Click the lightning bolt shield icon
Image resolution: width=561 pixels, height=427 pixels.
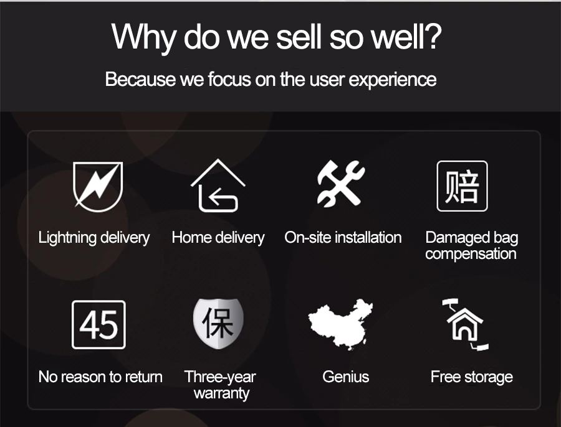tap(98, 186)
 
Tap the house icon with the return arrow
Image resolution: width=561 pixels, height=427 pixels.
tap(218, 185)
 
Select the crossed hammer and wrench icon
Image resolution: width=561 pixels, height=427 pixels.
tap(340, 184)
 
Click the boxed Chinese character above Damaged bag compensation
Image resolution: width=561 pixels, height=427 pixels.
tap(462, 186)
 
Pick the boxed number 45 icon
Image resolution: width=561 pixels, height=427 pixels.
tap(98, 325)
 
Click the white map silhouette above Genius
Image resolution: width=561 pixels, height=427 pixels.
tap(340, 324)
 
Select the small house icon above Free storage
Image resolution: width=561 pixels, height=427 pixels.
tap(465, 324)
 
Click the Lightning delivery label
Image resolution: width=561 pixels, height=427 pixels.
tap(94, 238)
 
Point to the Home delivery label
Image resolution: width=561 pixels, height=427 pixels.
tap(218, 238)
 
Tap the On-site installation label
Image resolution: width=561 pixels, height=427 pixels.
tap(343, 238)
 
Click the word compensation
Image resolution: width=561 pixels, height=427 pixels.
tap(471, 255)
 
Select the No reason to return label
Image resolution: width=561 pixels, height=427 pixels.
tap(100, 377)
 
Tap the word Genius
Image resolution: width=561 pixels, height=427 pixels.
tap(345, 377)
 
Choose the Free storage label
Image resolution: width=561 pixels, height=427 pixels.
tap(472, 377)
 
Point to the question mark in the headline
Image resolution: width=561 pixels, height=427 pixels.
tap(434, 37)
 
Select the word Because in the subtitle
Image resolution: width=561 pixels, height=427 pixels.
tap(140, 79)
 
